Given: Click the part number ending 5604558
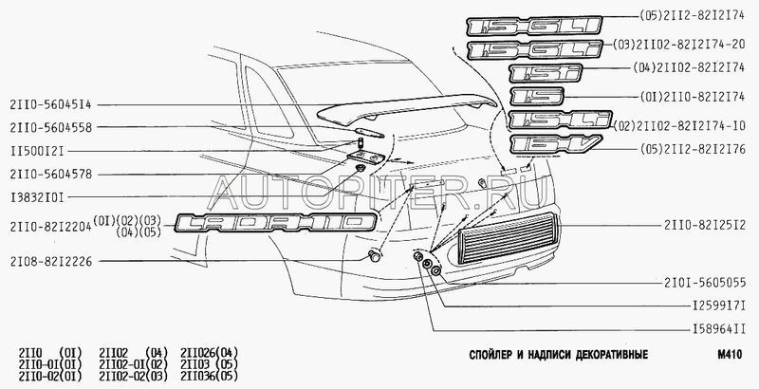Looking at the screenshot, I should [53, 126].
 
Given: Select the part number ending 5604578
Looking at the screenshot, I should [53, 175].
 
